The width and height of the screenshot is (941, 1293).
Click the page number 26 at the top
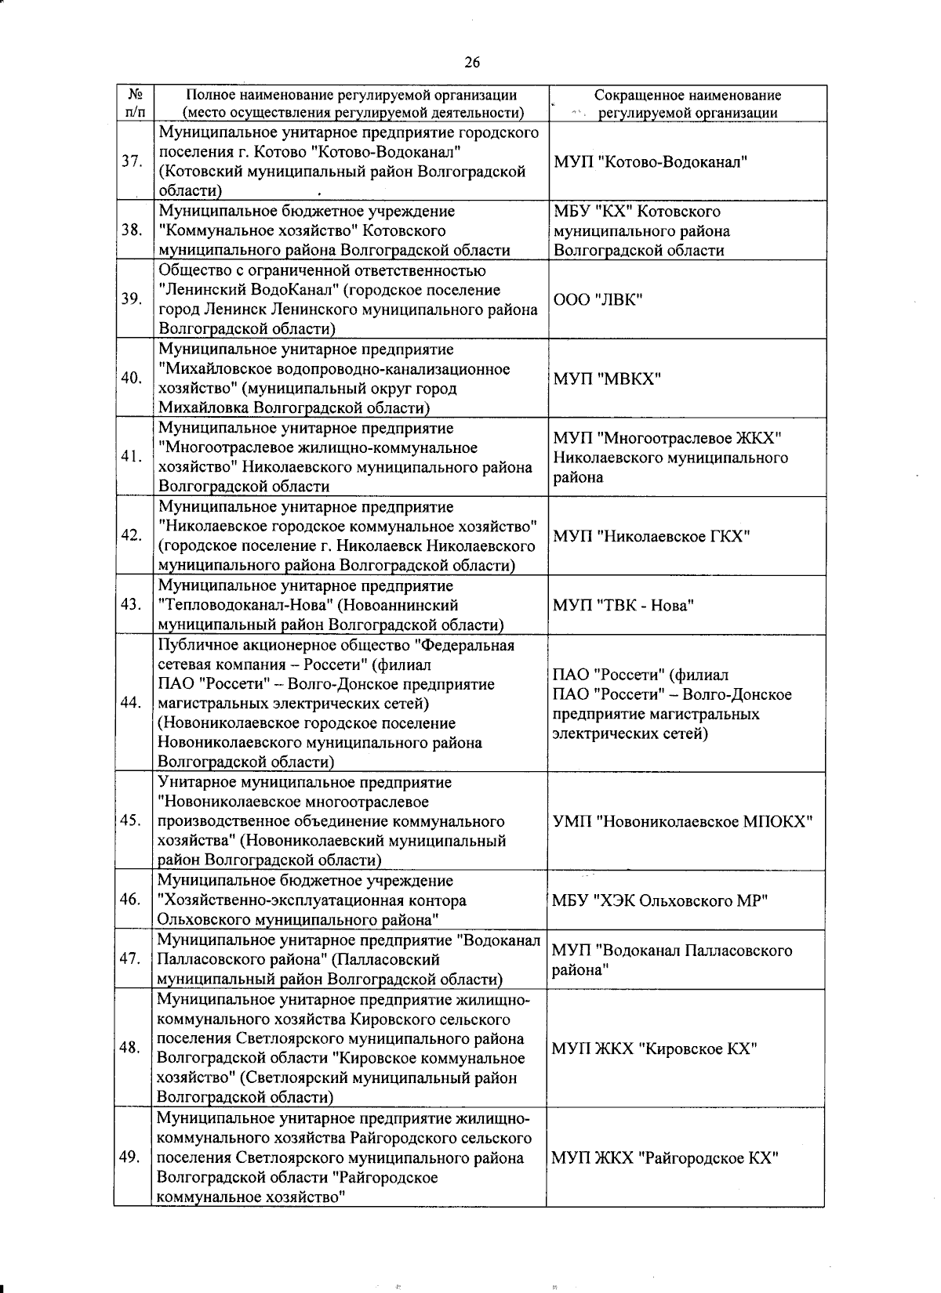pos(471,63)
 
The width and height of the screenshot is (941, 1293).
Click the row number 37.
pos(131,161)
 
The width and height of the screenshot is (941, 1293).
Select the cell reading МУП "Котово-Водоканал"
pos(650,162)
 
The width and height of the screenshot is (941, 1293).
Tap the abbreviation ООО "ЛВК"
pos(598,300)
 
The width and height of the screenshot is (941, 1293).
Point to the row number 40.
pos(131,378)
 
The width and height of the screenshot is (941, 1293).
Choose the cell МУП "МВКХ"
pos(607,379)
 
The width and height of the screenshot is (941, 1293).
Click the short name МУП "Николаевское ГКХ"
pos(652,536)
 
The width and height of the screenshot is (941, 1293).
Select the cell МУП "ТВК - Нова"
pos(624,605)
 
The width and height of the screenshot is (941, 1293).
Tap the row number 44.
pos(131,703)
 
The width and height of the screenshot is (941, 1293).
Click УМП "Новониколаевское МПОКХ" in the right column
pos(682,820)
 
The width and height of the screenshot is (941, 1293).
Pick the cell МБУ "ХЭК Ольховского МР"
pos(659,900)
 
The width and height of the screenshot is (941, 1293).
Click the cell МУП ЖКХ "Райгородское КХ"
pos(664,1157)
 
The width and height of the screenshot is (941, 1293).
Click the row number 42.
pos(131,536)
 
